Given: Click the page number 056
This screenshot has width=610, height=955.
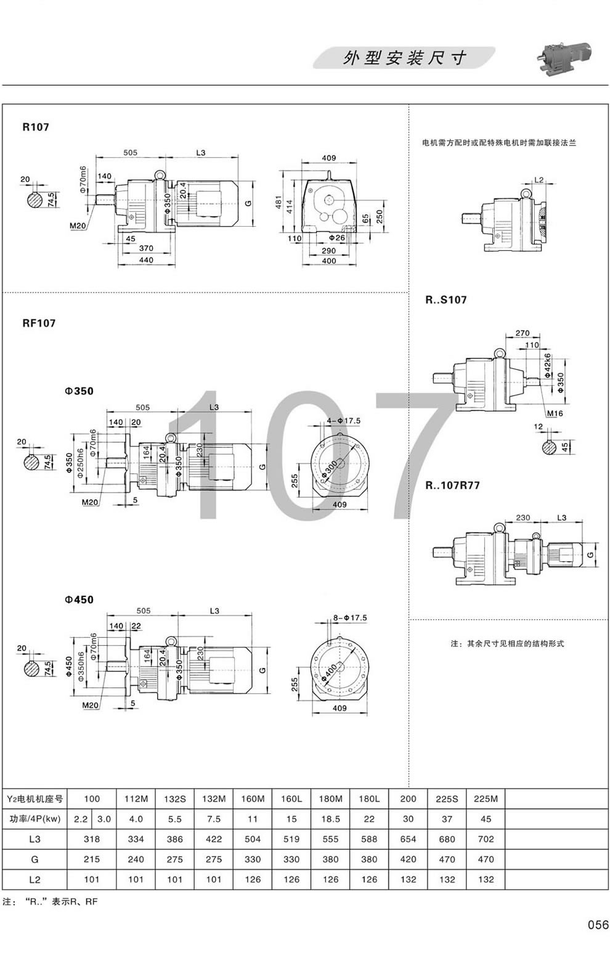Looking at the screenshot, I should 597,925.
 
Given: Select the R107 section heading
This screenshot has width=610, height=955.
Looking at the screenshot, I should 35,128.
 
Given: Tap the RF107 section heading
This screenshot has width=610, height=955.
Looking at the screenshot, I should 39,323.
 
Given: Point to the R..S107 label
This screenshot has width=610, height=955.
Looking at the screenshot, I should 445,300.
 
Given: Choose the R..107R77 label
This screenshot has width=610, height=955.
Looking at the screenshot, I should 452,486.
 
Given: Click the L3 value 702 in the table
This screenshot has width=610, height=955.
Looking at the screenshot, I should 486,839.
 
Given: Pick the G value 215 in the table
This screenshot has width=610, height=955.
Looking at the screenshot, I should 91,859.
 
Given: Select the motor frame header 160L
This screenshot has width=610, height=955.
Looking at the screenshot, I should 291,799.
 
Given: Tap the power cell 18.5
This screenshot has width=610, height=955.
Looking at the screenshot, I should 330,819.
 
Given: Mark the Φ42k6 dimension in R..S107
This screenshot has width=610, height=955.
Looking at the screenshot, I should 547,365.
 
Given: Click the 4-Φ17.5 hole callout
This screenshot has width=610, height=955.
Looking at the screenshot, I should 344,421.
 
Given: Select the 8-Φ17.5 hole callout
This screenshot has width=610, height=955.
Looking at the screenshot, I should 349,617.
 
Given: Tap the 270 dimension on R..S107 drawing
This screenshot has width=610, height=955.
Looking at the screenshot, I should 521,333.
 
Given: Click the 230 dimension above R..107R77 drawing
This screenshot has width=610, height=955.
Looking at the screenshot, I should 523,518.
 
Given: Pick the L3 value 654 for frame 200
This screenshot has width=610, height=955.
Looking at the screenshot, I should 408,839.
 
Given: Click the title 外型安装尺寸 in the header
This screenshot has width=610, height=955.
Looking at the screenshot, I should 404,59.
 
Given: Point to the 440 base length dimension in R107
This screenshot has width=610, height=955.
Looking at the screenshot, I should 146,260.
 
